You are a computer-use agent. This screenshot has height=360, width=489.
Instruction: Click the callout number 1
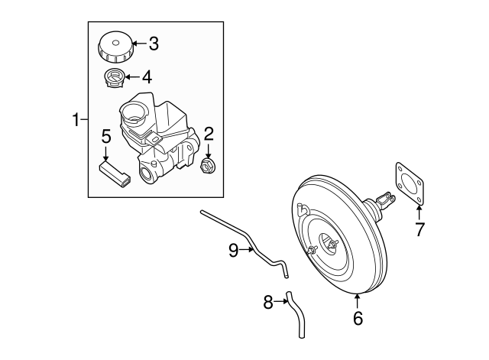pyautogui.click(x=76, y=119)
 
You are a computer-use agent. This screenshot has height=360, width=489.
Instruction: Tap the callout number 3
pyautogui.click(x=153, y=44)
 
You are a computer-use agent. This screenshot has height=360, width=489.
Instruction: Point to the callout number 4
pyautogui.click(x=147, y=76)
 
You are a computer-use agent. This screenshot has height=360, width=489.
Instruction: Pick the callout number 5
pyautogui.click(x=106, y=136)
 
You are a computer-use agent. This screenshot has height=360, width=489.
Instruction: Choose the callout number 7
pyautogui.click(x=419, y=229)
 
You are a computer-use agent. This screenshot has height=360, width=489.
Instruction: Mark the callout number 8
pyautogui.click(x=268, y=303)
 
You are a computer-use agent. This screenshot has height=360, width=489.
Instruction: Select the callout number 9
pyautogui.click(x=235, y=249)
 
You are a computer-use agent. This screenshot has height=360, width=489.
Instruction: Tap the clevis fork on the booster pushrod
pyautogui.click(x=388, y=203)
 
